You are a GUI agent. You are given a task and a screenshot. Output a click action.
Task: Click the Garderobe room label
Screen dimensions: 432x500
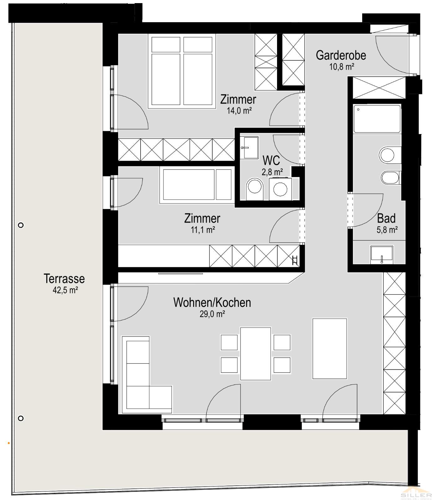pos(341,55)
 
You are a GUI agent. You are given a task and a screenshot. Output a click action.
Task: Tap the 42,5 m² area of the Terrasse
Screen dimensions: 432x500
pos(65,290)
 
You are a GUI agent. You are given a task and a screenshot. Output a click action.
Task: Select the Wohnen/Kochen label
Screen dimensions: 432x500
pos(212,302)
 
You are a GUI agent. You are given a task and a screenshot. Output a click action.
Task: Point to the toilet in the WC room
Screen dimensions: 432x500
pos(255,189)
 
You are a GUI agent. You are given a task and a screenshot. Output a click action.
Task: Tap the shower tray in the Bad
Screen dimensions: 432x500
pos(377,119)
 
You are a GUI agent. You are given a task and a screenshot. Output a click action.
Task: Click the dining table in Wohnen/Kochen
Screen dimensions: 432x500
pos(255,353)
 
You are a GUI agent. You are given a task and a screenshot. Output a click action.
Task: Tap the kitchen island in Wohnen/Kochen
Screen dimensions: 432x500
pos(330,349)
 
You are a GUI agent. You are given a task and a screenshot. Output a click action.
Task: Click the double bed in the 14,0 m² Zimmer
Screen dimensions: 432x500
pos(182,71)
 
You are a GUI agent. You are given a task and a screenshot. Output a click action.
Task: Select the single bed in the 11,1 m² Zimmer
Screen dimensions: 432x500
pos(196,185)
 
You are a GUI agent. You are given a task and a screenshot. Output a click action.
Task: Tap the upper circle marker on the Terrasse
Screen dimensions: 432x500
pos(21,225)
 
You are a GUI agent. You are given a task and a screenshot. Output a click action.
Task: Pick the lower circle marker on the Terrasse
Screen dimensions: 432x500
pos(21,418)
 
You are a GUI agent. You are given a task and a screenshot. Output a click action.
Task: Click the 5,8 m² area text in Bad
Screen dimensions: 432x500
pos(387,230)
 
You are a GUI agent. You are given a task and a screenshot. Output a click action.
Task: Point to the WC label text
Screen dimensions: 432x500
pos(271,161)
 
